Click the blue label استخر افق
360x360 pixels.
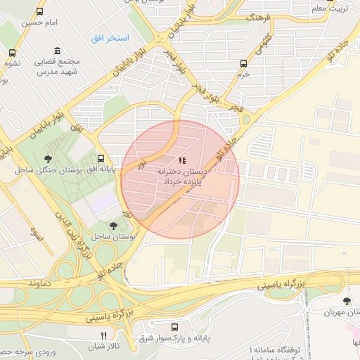[108, 37]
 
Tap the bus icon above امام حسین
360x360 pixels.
[39, 12]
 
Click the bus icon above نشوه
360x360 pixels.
[12, 52]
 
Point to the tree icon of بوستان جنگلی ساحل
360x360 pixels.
[47, 159]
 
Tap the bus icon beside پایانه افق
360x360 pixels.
[101, 159]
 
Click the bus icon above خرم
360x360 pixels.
[243, 62]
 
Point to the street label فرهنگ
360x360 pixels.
[256, 16]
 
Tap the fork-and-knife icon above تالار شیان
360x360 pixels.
[104, 335]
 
